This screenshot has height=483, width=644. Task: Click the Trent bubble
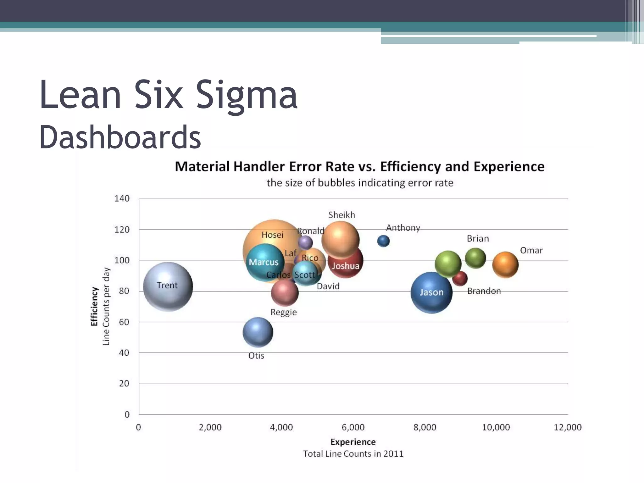point(168,286)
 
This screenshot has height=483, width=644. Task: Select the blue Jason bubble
point(431,292)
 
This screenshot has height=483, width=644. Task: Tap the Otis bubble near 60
point(258,332)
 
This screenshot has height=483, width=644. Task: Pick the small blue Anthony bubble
point(383,241)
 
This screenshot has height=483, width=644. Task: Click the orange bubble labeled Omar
point(505,265)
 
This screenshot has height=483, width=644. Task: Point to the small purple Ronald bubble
point(305,242)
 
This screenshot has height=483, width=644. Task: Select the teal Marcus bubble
point(265,262)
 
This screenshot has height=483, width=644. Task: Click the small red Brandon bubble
point(460,279)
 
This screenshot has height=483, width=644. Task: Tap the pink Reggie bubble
point(285,292)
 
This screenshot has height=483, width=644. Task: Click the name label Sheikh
point(341,215)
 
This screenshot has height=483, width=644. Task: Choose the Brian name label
point(478,239)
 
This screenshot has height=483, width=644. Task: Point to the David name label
point(328,286)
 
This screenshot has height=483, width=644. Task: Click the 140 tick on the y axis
point(122,199)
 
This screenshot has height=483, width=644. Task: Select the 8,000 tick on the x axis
point(425,427)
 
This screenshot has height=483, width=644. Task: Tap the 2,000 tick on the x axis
point(210,427)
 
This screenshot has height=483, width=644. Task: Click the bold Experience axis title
point(353,442)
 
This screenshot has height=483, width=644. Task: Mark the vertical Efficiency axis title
point(94,306)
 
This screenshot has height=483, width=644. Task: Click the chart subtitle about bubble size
point(360,183)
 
